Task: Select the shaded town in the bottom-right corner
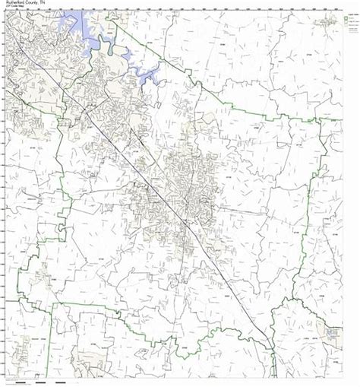point(331,333)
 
